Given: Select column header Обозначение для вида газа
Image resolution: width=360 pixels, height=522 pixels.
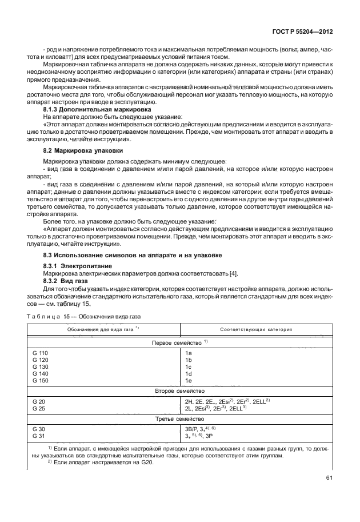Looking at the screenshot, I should point(103,329).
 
